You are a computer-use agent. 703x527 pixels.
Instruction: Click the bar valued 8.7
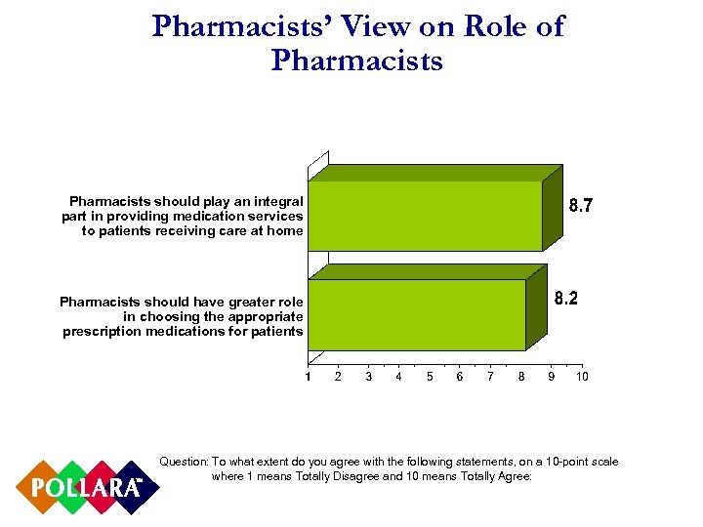(x=425, y=215)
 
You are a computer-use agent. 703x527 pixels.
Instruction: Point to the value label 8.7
(x=582, y=206)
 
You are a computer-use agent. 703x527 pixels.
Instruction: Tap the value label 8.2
(x=566, y=299)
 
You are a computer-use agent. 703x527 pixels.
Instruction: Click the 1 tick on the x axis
(x=308, y=376)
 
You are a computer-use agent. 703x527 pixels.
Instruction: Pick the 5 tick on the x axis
(x=430, y=376)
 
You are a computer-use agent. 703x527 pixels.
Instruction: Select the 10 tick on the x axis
(x=582, y=376)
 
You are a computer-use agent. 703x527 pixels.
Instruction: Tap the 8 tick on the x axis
(x=521, y=376)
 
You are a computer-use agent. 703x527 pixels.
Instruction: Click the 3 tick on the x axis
(x=368, y=376)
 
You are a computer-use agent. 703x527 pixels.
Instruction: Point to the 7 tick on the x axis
(x=490, y=376)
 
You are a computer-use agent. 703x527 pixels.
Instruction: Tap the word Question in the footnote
(x=184, y=461)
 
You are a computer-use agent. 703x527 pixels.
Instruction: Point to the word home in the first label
(x=284, y=230)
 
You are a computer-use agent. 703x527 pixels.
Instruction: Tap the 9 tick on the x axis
(x=552, y=376)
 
